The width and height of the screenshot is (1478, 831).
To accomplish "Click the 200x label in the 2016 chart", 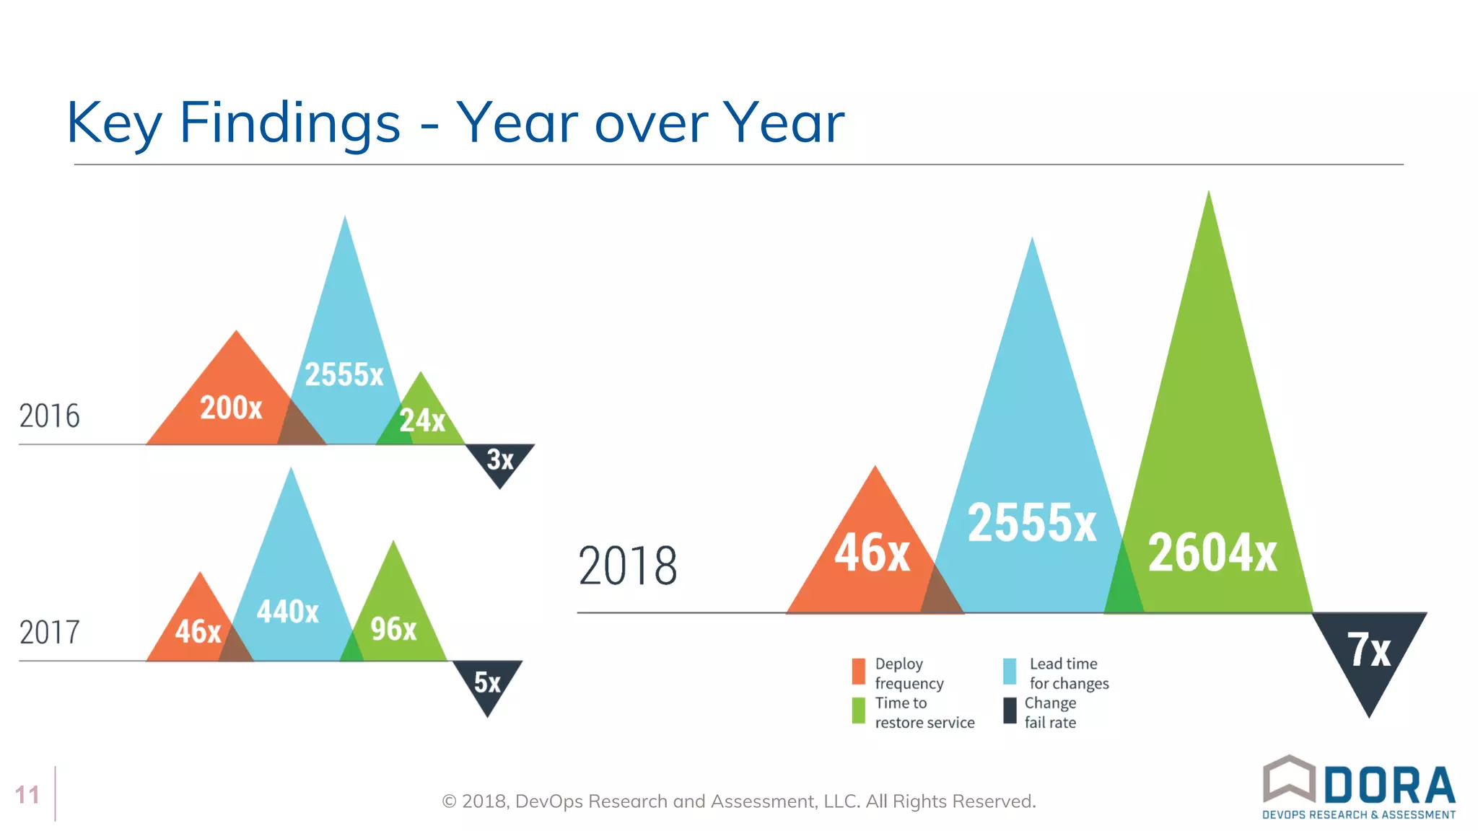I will click(x=231, y=408).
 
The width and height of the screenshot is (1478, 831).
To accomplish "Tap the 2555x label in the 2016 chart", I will click(x=344, y=374).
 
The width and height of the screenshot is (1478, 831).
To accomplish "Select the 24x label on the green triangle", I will click(x=422, y=420).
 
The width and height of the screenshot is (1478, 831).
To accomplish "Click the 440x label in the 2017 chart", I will click(x=287, y=612).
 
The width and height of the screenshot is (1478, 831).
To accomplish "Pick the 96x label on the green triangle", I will click(x=393, y=629).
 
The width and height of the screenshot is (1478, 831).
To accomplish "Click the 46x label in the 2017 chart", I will click(x=198, y=632).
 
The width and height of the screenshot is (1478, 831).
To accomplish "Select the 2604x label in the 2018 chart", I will click(x=1212, y=553).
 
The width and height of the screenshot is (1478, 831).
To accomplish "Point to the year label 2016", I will click(x=49, y=416).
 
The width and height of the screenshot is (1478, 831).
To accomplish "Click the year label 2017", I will click(x=49, y=633).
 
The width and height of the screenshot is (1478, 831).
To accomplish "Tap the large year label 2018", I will click(x=628, y=566).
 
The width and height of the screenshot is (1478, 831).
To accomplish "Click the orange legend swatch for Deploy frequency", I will click(x=858, y=671).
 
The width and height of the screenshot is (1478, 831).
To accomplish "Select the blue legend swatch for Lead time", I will click(x=1010, y=671).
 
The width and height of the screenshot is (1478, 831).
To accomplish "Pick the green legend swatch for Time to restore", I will click(x=858, y=711).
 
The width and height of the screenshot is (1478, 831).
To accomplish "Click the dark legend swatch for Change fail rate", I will click(x=1010, y=711).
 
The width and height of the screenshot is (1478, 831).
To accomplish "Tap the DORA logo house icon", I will click(x=1289, y=779).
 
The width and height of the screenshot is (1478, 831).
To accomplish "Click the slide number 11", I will click(x=27, y=795).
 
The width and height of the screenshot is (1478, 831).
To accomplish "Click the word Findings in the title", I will click(x=289, y=123).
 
